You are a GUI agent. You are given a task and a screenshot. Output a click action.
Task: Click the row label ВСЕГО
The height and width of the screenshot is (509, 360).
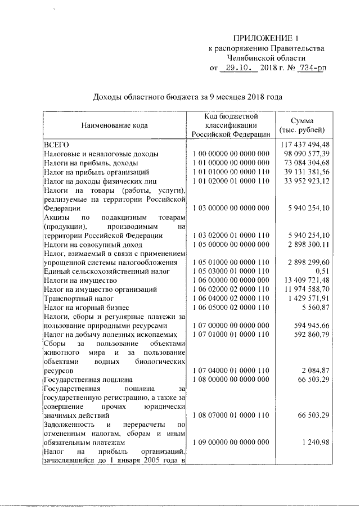[x=57, y=144]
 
